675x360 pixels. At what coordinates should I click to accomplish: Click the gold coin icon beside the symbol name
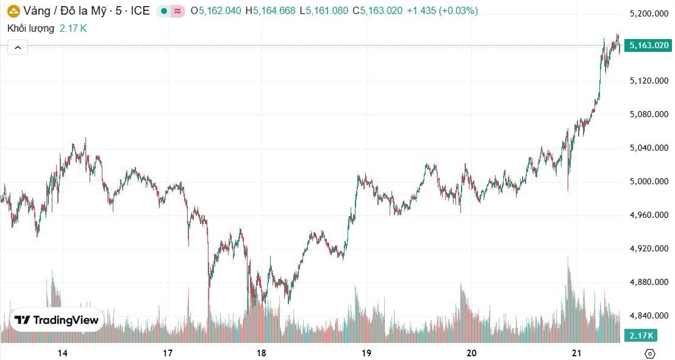pos(13,10)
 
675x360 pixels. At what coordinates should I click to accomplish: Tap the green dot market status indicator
pos(163,11)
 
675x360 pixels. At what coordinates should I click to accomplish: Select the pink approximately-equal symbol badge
pos(177,11)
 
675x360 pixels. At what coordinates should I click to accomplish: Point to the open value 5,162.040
pos(220,11)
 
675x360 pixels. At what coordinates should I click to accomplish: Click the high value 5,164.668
pos(274,11)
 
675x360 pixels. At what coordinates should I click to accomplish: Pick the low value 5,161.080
pos(330,11)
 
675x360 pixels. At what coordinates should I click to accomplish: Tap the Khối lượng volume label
pos(30,28)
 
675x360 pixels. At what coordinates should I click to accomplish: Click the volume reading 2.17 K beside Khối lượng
pos(73,28)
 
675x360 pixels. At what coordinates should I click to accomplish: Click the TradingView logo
pos(57,320)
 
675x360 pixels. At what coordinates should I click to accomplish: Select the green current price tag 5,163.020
pos(649,45)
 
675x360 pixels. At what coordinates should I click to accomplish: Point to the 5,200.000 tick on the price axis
pos(649,13)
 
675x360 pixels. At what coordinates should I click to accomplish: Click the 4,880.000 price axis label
pos(649,282)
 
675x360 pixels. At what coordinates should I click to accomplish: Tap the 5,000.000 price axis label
pos(649,181)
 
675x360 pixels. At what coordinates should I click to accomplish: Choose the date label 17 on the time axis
pos(168,353)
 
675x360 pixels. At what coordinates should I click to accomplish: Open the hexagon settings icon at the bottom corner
pos(650,353)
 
